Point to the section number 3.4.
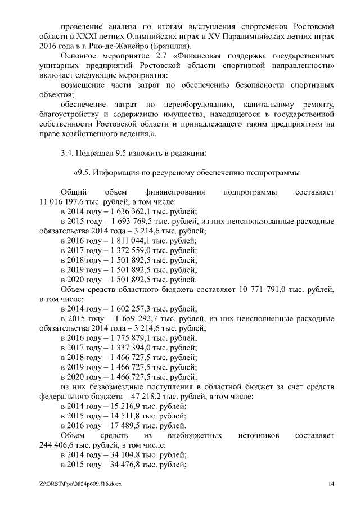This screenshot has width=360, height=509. [66, 152]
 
